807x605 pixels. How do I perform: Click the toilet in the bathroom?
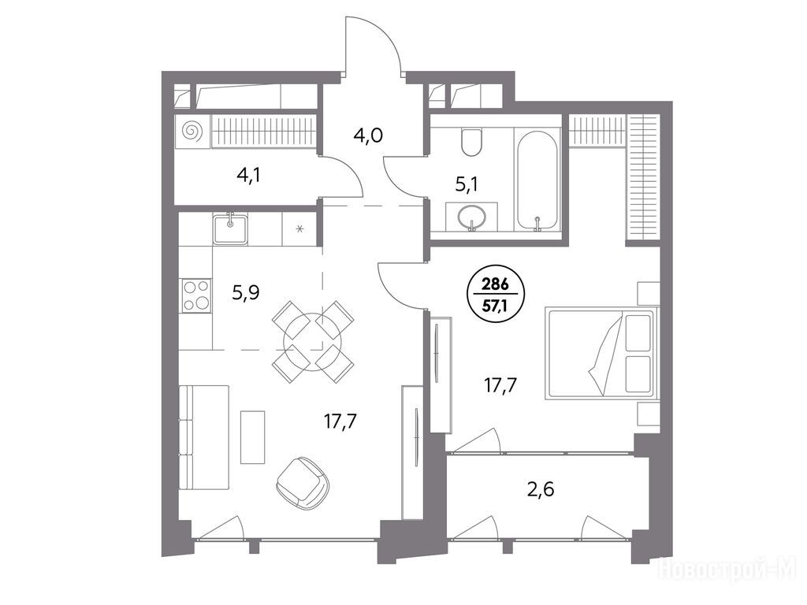(471, 142)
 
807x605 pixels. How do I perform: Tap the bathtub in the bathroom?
(537, 180)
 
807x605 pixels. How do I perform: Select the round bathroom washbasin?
(471, 217)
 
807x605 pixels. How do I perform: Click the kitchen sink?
(231, 228)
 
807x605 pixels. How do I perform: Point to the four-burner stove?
(196, 295)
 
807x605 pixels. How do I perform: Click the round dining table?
(313, 342)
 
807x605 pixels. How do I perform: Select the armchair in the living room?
(302, 484)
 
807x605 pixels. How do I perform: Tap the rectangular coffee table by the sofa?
(253, 436)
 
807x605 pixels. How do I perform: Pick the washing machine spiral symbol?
(192, 132)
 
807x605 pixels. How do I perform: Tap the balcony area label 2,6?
(541, 489)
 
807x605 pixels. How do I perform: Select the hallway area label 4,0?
(368, 135)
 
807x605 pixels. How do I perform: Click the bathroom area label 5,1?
(467, 184)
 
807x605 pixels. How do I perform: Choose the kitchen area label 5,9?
(246, 293)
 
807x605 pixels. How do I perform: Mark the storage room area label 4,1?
(248, 176)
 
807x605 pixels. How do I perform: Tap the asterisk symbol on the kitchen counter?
(299, 228)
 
